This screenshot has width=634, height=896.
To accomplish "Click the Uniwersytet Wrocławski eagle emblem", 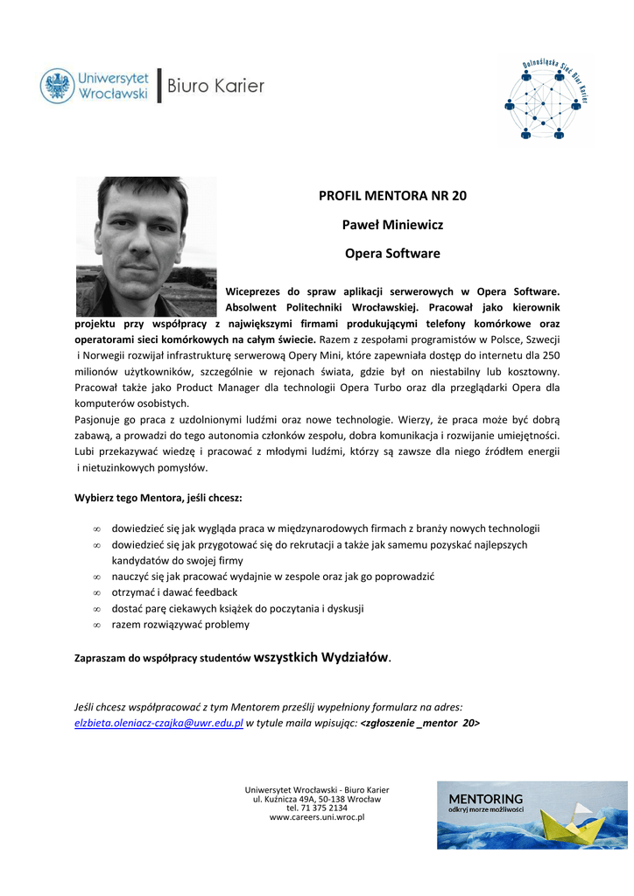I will pyautogui.click(x=57, y=86).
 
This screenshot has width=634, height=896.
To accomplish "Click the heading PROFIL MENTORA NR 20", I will pyautogui.click(x=392, y=195).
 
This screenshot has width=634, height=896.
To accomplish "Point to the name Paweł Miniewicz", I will pyautogui.click(x=392, y=225).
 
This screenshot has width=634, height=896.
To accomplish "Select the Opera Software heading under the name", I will pyautogui.click(x=392, y=254).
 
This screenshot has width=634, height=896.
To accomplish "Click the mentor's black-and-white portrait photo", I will pyautogui.click(x=145, y=246).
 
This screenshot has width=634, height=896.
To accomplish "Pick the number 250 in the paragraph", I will pyautogui.click(x=551, y=354).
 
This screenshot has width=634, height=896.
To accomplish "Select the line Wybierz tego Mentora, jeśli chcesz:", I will pyautogui.click(x=158, y=498).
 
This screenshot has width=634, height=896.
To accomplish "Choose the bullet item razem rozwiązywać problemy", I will pyautogui.click(x=180, y=625).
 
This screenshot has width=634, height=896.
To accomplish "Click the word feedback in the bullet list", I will pyautogui.click(x=216, y=592).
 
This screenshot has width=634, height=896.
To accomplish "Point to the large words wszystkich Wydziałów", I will pyautogui.click(x=321, y=656).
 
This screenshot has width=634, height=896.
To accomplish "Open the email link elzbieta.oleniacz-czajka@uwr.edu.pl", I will pyautogui.click(x=158, y=724).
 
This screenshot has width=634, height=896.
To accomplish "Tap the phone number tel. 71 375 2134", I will pyautogui.click(x=317, y=808).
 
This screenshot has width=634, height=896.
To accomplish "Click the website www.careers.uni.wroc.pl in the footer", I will pyautogui.click(x=317, y=817).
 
